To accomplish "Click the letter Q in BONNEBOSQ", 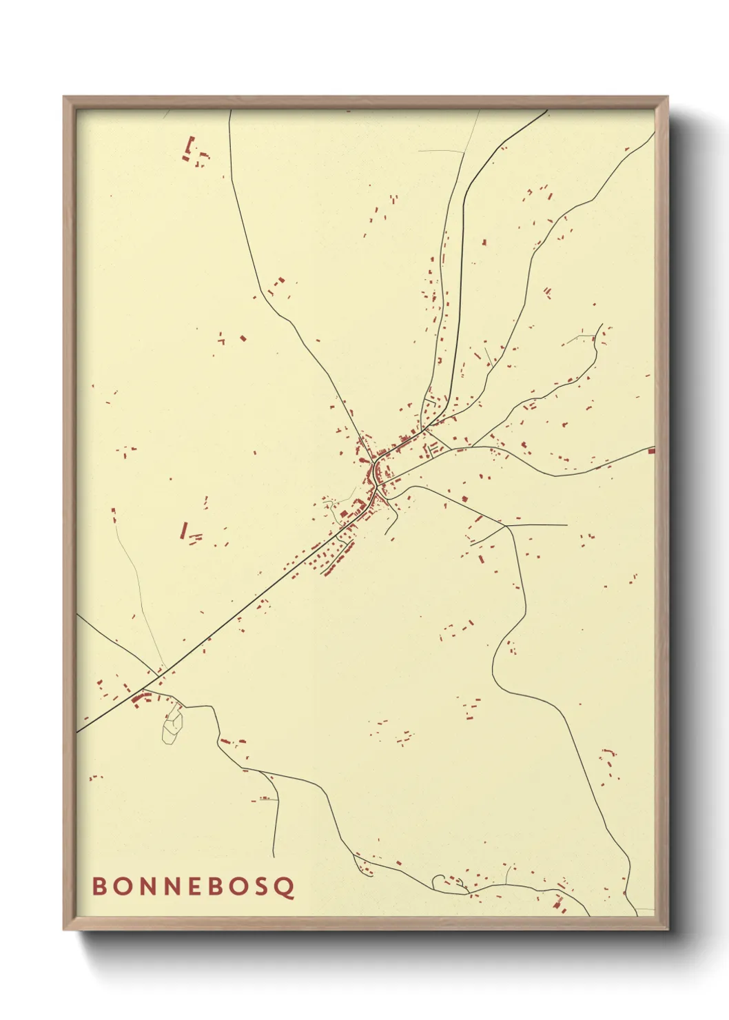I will [x=287, y=887].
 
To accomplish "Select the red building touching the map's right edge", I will [x=651, y=451].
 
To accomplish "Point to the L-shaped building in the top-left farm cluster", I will [x=190, y=146].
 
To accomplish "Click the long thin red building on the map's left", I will [x=184, y=530].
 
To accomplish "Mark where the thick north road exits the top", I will [x=546, y=110].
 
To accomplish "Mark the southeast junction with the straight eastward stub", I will [x=506, y=525].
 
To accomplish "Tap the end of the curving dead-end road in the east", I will [x=602, y=325].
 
